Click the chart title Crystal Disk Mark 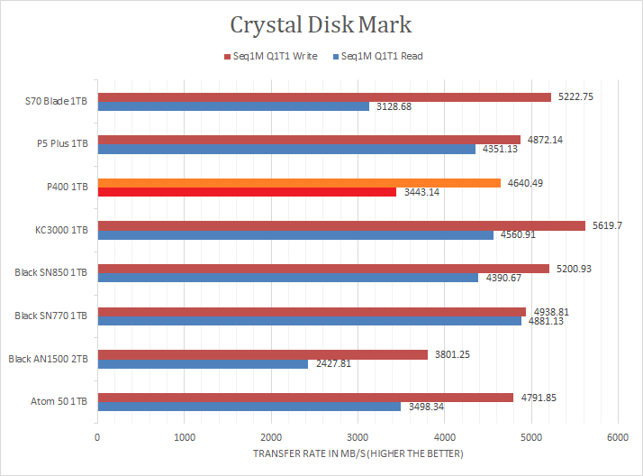point(321,24)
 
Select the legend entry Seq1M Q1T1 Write point(272,56)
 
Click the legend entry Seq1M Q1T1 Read point(377,56)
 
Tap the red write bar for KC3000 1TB point(341,225)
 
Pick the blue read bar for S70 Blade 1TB point(233,106)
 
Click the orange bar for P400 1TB point(299,183)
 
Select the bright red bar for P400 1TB point(247,192)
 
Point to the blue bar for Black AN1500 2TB point(203,364)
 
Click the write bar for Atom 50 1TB point(305,397)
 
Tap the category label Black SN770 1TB point(51,316)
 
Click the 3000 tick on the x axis point(357,437)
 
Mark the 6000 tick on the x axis point(616,437)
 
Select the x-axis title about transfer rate point(358,453)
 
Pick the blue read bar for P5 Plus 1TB point(286,149)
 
